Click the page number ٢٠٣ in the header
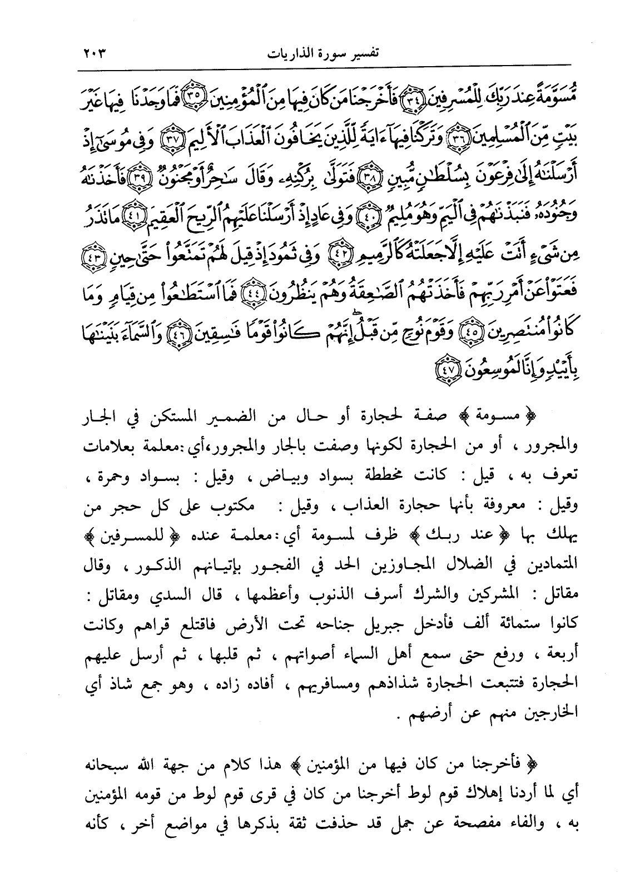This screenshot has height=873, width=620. tap(92, 54)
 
